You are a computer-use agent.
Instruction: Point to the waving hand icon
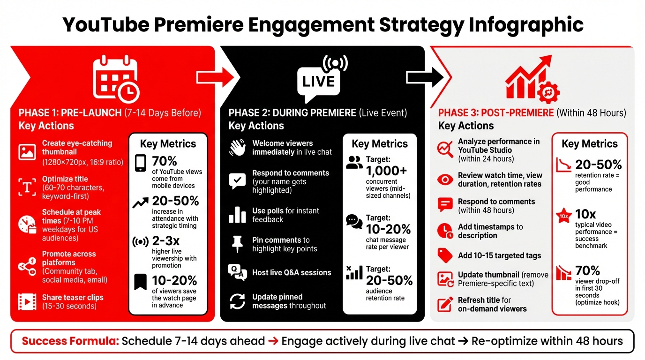(x=237, y=148)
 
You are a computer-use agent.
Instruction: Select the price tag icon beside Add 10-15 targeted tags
(x=444, y=255)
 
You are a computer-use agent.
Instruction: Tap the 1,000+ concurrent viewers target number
(x=389, y=171)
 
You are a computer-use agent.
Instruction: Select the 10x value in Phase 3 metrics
(x=585, y=214)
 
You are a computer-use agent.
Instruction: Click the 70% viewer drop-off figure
(x=588, y=271)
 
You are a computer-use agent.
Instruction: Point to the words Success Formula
(x=69, y=341)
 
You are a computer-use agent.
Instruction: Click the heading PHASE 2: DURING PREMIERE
(x=292, y=113)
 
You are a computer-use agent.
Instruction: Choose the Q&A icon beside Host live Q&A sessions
(x=237, y=272)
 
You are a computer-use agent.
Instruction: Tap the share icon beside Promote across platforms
(x=26, y=266)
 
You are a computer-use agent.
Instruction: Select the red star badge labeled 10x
(x=563, y=217)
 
